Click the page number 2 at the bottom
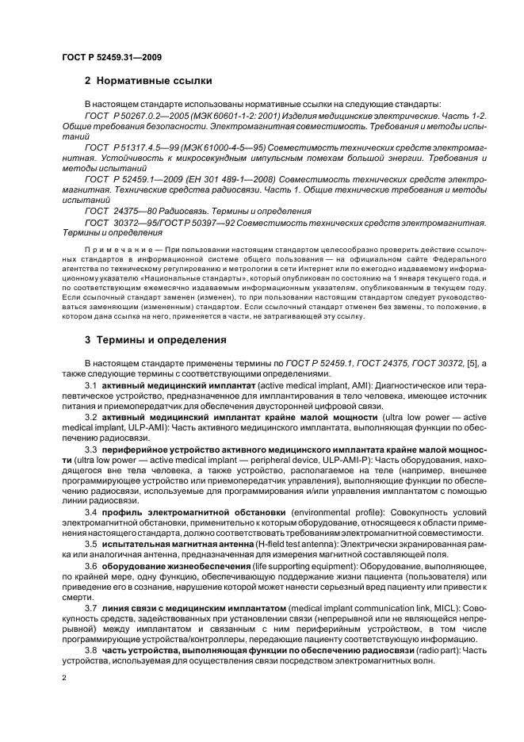[x=64, y=678]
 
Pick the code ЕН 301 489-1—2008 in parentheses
[x=236, y=179]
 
